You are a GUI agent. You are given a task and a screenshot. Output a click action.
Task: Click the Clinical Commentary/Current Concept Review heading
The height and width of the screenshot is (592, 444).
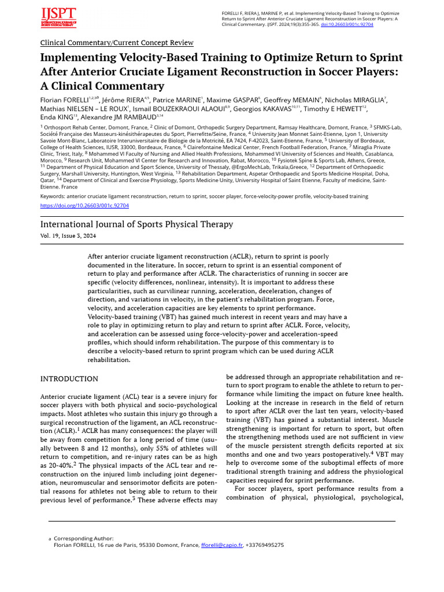pyautogui.click(x=117, y=43)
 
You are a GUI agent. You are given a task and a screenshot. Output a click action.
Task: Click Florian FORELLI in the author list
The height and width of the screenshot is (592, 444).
pyautogui.click(x=64, y=99)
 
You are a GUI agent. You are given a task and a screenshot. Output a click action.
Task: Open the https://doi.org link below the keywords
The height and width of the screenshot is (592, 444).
pyautogui.click(x=84, y=205)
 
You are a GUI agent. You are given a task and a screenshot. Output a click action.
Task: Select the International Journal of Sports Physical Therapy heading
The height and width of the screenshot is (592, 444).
pyautogui.click(x=136, y=224)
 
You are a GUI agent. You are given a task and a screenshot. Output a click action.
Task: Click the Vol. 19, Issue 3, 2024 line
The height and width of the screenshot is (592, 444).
pyautogui.click(x=68, y=236)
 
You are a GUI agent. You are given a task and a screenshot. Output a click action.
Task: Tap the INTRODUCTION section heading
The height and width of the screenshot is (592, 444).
pyautogui.click(x=69, y=379)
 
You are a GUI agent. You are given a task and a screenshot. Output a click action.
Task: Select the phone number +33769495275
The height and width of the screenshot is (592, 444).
pyautogui.click(x=265, y=545)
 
